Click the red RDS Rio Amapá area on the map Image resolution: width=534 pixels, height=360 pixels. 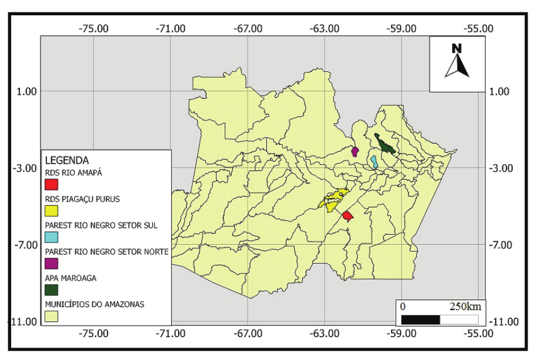click(348, 216)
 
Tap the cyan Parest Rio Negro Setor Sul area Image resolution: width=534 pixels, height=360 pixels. click(374, 161)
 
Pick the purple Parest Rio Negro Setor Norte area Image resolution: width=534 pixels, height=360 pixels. click(355, 152)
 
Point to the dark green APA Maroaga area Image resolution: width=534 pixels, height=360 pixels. click(386, 145)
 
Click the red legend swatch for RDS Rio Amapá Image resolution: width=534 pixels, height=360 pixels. click(51, 184)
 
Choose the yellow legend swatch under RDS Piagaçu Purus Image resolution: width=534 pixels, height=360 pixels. click(51, 211)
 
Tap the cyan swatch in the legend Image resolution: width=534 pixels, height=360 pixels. click(51, 237)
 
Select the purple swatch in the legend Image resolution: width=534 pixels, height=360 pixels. click(51, 264)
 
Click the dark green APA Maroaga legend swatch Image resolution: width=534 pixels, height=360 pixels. click(51, 290)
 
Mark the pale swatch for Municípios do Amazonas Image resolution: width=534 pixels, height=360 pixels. click(51, 316)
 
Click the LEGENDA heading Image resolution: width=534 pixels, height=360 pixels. click(66, 159)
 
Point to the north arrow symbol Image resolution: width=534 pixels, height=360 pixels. click(456, 66)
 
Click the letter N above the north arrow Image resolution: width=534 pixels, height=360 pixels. click(456, 48)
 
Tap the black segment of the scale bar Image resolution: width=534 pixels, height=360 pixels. click(420, 319)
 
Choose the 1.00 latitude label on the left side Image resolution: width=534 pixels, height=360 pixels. click(25, 91)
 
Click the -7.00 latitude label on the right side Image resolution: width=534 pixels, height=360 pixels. click(502, 245)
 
